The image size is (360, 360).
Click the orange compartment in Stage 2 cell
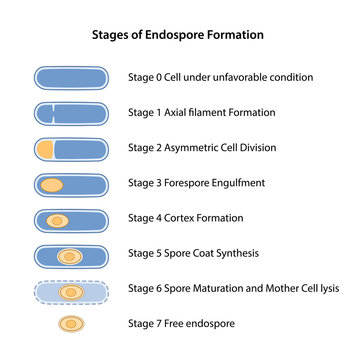(x=45, y=148)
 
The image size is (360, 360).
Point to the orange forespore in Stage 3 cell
(x=53, y=184)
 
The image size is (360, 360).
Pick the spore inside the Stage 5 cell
(x=69, y=256)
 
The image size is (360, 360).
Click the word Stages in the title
(x=112, y=34)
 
